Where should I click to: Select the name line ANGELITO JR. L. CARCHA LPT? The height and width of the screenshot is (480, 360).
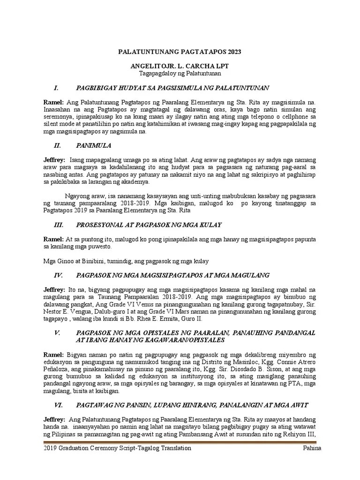coord(180,67)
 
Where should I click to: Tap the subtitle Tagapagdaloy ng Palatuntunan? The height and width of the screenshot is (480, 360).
coord(180,74)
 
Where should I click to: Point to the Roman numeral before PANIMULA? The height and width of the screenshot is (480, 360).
coord(58,145)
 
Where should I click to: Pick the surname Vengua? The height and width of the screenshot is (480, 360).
coord(86,312)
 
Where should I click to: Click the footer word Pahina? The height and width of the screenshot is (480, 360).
coord(315,448)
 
